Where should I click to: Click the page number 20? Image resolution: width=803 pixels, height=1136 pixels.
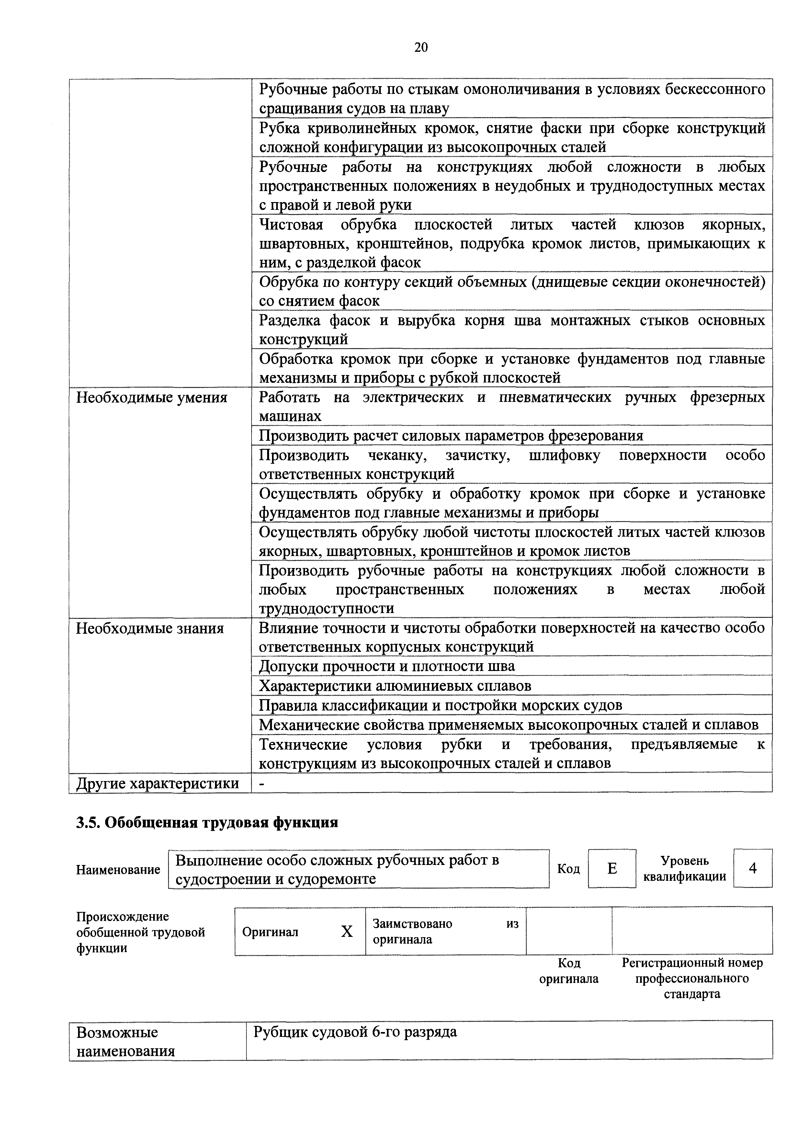pos(421,48)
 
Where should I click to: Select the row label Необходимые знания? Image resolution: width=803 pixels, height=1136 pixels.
pos(149,628)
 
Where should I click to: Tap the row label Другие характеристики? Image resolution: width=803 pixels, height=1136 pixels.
pos(157,783)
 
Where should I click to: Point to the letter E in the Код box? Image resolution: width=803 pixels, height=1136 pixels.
pos(612,868)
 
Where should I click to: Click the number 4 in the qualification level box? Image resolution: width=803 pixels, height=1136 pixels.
pos(752,868)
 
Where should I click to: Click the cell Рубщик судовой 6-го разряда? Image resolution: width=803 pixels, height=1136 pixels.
pos(355,1032)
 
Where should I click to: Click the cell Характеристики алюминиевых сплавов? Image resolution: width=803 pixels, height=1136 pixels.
pos(395,686)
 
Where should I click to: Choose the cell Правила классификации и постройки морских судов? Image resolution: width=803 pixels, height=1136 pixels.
pos(440,705)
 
